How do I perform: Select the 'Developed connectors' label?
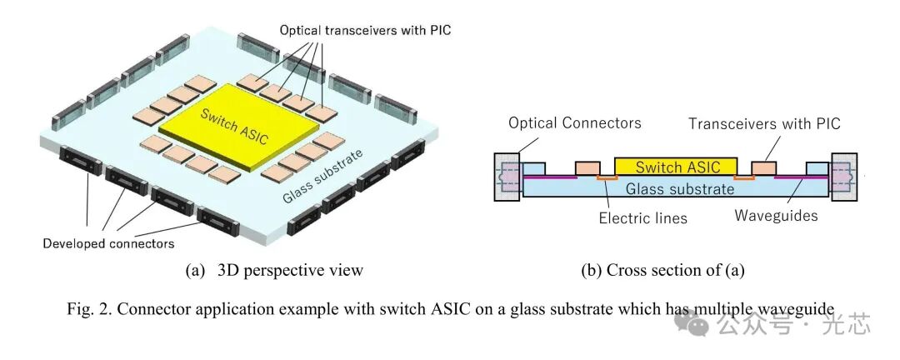click(x=108, y=243)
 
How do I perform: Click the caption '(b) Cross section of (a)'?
click(x=662, y=270)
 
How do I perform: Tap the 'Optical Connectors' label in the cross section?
click(x=576, y=123)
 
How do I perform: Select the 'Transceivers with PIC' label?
click(x=764, y=123)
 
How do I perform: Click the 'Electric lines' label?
click(x=642, y=218)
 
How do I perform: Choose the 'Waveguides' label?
click(x=774, y=216)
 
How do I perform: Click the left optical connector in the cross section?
click(x=507, y=177)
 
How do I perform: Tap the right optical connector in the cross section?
click(x=843, y=177)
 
